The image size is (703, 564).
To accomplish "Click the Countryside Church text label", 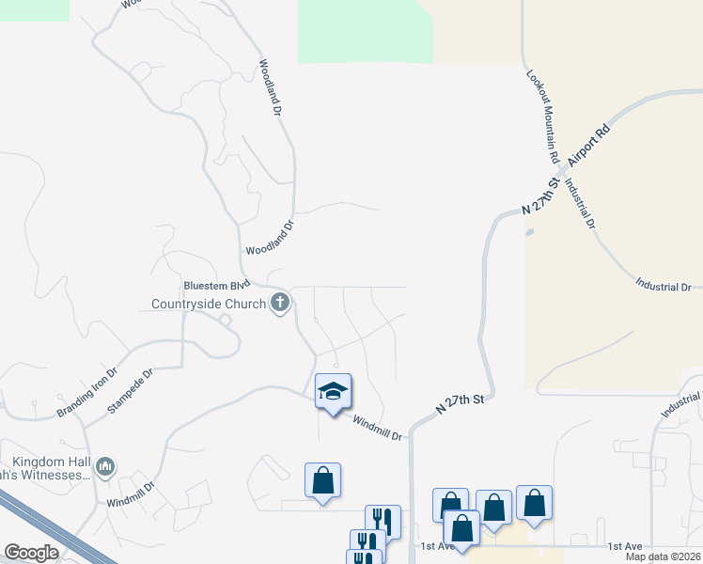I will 209,305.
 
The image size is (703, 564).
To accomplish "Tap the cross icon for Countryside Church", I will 279,304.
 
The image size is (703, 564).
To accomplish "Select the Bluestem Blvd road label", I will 215,284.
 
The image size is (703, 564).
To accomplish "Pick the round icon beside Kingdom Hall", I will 105,466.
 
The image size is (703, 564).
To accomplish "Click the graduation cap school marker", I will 333,390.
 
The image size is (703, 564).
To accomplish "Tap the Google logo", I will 31,553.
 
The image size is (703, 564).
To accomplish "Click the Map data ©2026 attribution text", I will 663,556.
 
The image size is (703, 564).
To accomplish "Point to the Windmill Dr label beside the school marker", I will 377,428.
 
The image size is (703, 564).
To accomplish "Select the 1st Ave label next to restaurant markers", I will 438,546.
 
